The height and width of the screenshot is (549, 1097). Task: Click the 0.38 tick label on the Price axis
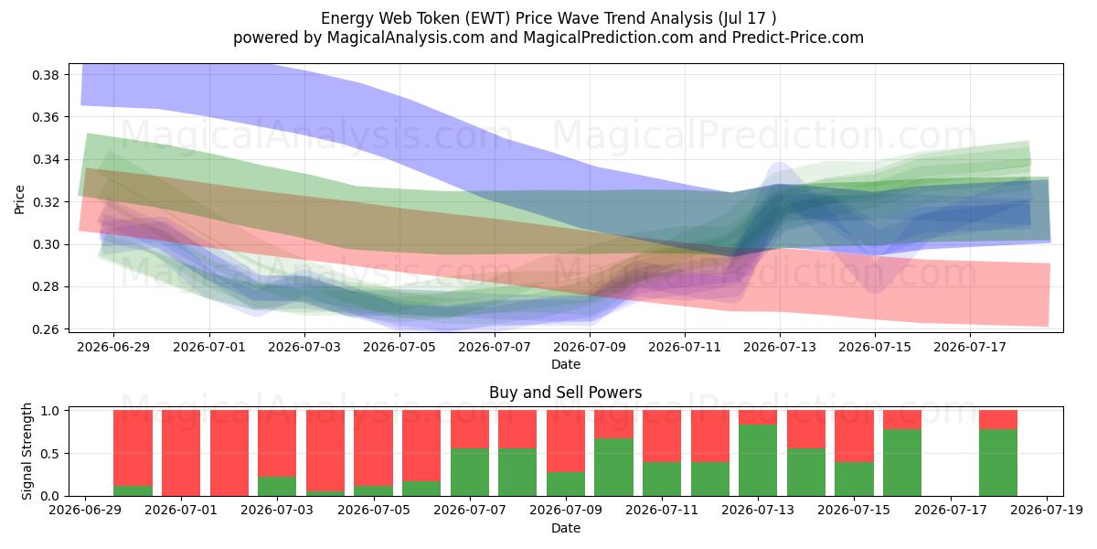[x=46, y=75]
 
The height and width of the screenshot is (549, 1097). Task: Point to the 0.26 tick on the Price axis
[x=46, y=329]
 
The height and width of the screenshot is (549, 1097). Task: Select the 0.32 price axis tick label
[x=46, y=202]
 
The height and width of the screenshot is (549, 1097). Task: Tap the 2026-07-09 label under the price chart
[x=590, y=347]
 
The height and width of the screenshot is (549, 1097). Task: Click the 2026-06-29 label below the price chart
[x=113, y=347]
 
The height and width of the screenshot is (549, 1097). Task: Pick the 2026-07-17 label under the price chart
[x=970, y=347]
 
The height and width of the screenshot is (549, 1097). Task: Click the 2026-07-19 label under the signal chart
[x=1047, y=511]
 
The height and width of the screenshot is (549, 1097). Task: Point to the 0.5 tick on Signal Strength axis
[x=50, y=454]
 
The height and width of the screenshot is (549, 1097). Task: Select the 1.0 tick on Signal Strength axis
[x=50, y=411]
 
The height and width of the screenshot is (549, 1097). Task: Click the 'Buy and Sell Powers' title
[x=566, y=393]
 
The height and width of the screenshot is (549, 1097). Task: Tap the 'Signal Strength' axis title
[x=27, y=451]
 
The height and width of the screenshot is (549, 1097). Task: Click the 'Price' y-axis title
[x=19, y=199]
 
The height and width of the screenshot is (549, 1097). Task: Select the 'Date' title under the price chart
[x=566, y=364]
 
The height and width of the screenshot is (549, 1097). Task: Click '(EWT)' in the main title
[x=486, y=18]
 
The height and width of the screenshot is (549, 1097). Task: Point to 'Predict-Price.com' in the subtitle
[x=798, y=38]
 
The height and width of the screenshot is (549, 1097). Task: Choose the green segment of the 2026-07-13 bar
[x=758, y=460]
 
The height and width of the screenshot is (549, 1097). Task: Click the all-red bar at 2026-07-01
[x=181, y=453]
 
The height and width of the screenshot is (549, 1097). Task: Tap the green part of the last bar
[x=998, y=463]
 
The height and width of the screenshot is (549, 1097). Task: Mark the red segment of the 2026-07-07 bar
[x=470, y=429]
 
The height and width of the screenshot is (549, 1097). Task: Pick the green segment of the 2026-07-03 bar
[x=277, y=486]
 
